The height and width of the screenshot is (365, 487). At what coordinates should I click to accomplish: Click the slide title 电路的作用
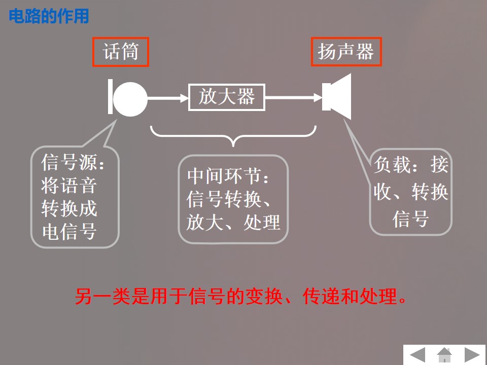49,16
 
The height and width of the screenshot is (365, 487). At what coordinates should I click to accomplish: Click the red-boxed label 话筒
121,52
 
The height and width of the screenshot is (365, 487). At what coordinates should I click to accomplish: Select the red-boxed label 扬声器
346,52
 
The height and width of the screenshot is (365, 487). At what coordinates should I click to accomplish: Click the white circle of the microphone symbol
130,98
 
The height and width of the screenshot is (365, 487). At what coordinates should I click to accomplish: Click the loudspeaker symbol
338,97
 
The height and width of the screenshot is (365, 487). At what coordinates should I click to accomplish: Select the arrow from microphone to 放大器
167,98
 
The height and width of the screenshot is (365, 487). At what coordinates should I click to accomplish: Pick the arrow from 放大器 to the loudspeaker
293,98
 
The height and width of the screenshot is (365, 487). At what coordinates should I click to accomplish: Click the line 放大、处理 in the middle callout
233,222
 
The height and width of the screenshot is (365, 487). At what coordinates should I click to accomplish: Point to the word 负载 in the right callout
392,164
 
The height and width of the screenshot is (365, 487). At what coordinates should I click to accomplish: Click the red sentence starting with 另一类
241,297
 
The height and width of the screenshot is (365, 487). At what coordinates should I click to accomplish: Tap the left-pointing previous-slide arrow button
418,354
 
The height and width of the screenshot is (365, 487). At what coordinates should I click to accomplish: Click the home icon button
444,354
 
